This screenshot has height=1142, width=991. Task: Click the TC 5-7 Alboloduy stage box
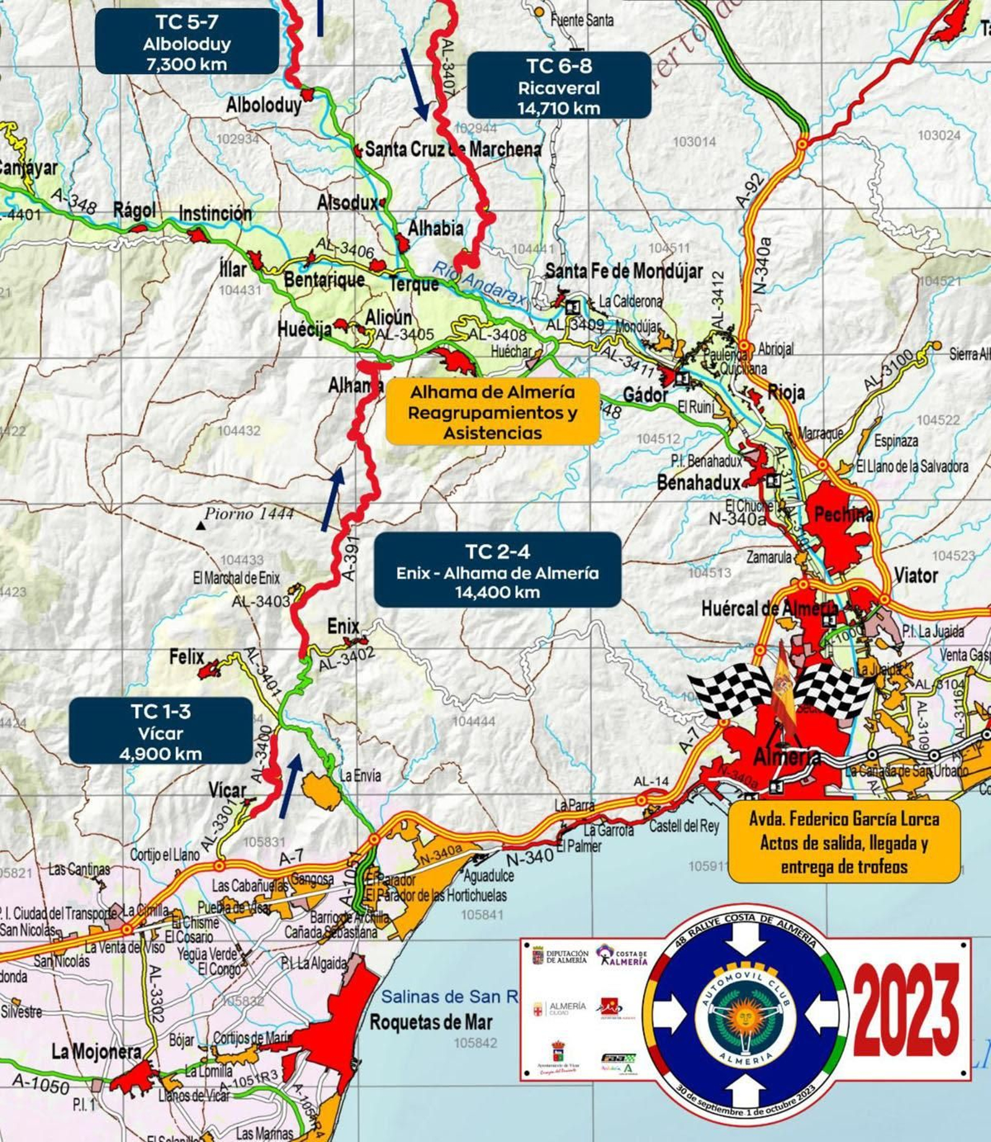point(186,42)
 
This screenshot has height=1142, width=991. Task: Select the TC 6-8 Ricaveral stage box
point(559,85)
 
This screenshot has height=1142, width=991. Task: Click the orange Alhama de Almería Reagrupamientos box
point(492,412)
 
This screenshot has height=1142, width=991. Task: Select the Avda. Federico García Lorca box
point(844,842)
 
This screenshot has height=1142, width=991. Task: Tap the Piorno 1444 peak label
point(249,514)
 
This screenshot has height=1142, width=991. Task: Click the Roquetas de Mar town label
point(431,1022)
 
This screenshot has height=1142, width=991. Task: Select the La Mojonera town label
point(96,1051)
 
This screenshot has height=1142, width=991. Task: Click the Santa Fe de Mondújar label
point(624,271)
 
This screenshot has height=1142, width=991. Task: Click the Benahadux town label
point(698,482)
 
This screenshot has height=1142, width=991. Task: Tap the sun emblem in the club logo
point(745,1016)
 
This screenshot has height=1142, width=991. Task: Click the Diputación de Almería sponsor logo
point(560,956)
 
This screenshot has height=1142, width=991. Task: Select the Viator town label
point(915,575)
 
